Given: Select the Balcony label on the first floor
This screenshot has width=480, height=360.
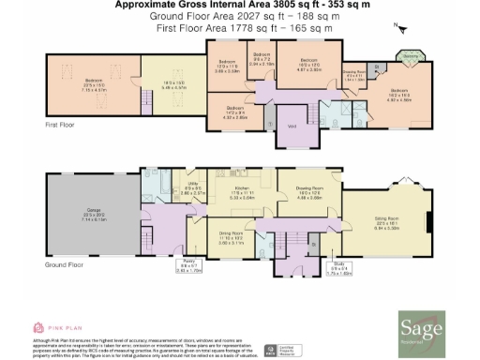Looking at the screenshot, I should (411, 54).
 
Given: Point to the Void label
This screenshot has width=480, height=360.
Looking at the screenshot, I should (292, 125).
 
